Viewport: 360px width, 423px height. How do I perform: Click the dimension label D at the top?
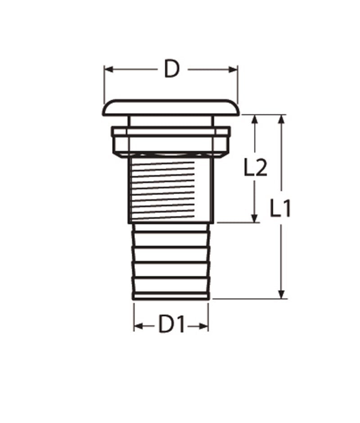(171, 69)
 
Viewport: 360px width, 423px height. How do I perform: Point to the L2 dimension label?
(256, 168)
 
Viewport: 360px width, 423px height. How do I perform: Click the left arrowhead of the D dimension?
(108, 69)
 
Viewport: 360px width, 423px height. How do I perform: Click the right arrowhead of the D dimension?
(234, 69)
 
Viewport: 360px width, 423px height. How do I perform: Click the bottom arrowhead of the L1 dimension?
(282, 294)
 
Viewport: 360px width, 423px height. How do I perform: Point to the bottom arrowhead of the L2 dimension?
(255, 218)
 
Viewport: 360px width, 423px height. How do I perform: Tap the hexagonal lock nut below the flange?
(171, 142)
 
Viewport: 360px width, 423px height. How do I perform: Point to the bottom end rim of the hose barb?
(171, 296)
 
